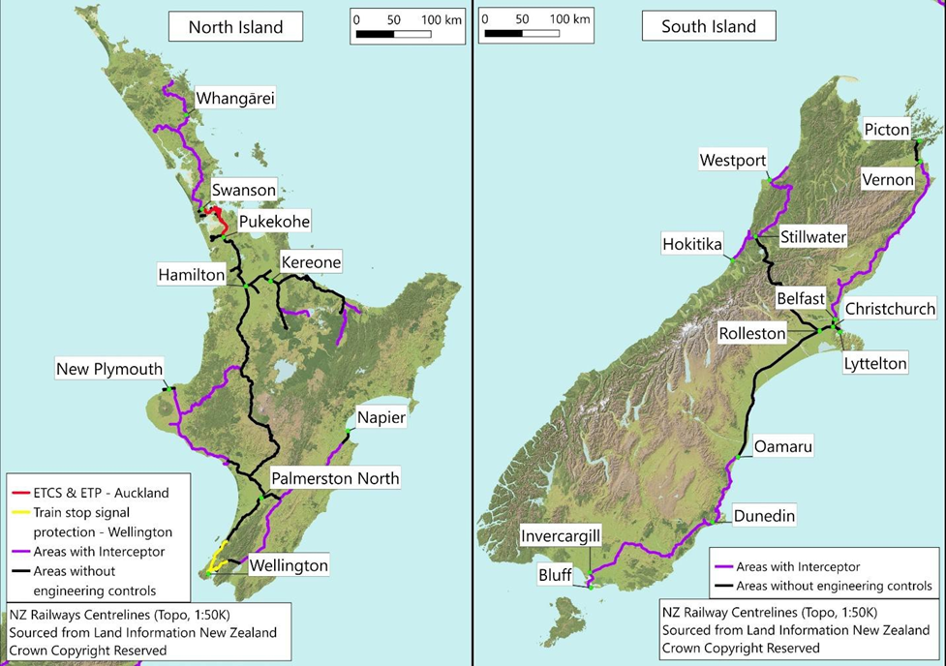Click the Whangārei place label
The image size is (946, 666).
235,99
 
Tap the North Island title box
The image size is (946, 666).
235,26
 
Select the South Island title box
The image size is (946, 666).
709,26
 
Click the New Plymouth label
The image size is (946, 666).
109,369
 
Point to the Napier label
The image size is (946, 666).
381,417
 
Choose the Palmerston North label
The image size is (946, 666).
335,478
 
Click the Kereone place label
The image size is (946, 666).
311,262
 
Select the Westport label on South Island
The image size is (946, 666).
733,160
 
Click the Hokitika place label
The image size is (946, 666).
691,244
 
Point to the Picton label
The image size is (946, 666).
888,130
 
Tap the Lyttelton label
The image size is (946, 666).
874,364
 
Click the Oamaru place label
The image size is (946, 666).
783,446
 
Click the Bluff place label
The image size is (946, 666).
555,574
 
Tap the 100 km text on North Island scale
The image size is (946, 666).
441,20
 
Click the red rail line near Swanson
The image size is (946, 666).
218,212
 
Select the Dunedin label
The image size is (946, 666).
764,516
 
